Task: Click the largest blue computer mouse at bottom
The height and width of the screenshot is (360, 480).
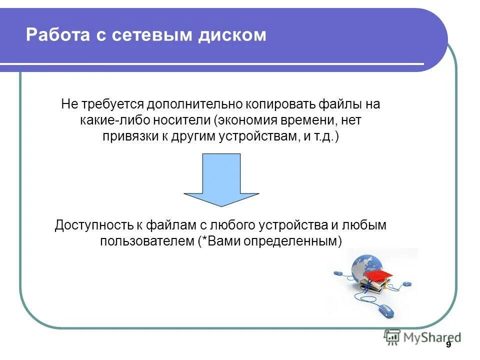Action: coord(385,311)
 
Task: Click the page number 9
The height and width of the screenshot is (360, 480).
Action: coord(448,345)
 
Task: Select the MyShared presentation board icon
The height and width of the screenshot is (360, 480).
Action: coord(392,337)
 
